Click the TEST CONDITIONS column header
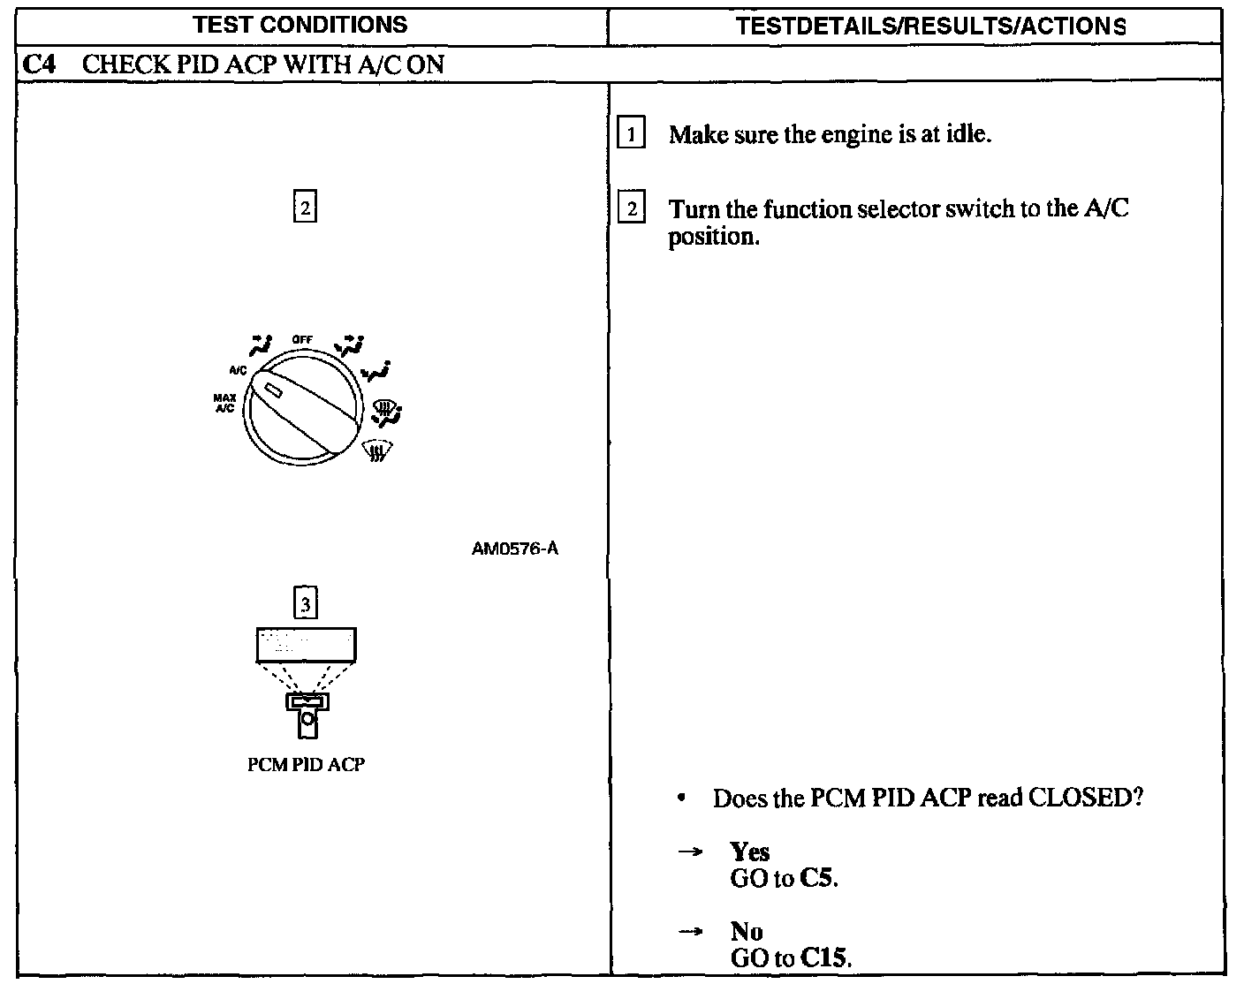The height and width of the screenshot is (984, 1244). click(300, 25)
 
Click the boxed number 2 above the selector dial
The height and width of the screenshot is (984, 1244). click(304, 208)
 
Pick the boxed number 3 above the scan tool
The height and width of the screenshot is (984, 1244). click(305, 604)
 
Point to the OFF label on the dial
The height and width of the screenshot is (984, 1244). click(303, 340)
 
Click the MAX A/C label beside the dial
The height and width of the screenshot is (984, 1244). click(224, 404)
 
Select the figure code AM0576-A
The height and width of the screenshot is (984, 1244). click(515, 549)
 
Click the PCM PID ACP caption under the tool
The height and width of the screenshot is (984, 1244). click(306, 765)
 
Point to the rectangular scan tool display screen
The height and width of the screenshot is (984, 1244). click(306, 645)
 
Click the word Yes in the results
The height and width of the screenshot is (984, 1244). click(750, 852)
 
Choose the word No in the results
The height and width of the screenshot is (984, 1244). click(747, 931)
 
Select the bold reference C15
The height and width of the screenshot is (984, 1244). click(825, 958)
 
